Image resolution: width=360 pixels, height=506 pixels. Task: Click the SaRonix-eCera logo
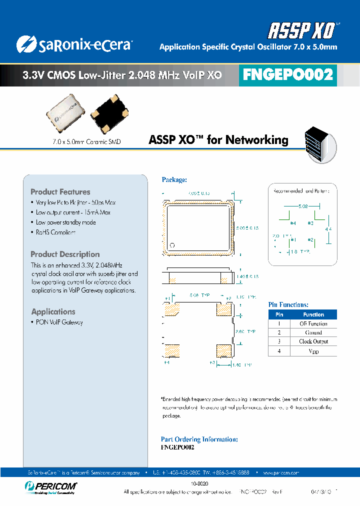coord(74,45)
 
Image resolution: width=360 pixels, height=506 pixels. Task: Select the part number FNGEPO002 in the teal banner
coord(287,75)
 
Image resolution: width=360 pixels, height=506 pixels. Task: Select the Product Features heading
coord(60,192)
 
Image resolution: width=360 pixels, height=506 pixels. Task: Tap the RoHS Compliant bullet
coord(55,232)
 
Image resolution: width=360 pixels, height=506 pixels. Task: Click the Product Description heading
coord(65,254)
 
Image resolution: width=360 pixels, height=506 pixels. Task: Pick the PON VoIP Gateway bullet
coord(59,322)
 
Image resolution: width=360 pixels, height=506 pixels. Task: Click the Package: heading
coord(174,179)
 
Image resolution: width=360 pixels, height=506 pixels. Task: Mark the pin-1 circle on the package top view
coord(172,245)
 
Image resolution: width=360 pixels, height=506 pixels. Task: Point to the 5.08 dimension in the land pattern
coord(303,206)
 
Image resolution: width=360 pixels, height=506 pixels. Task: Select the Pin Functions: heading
coord(288,304)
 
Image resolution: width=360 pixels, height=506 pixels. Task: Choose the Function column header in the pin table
coord(313,315)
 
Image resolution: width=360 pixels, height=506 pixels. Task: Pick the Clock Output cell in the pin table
coord(313,341)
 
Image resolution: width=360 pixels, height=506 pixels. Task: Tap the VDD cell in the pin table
coord(313,351)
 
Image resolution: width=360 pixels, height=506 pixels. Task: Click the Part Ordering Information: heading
coord(199,439)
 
